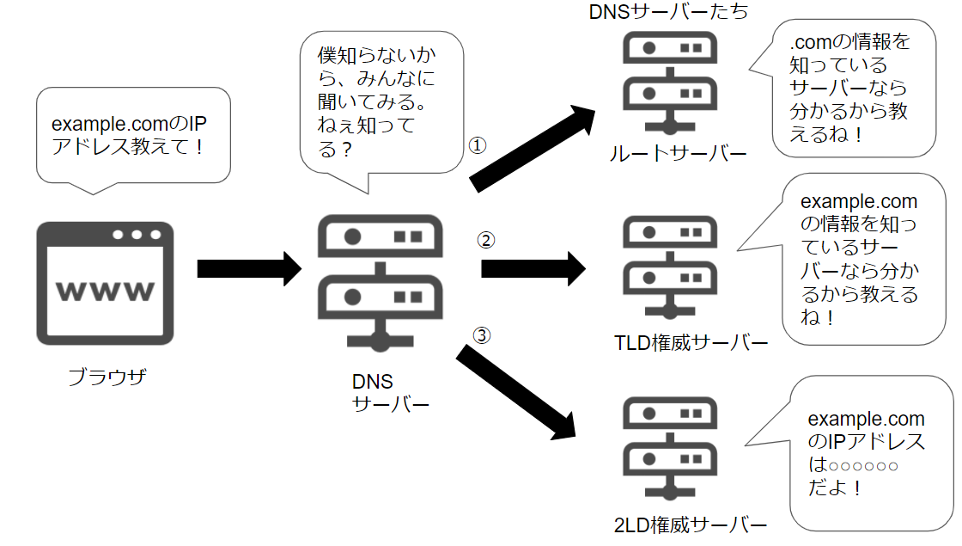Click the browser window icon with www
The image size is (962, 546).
coord(105,283)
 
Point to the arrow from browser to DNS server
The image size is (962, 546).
coord(249,269)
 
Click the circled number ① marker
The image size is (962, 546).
coord(478,145)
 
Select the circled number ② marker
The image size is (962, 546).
coord(486,240)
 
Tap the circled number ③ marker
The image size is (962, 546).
coord(482,336)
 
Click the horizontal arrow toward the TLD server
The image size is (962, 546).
coord(533,269)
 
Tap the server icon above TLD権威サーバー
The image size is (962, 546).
coord(669,267)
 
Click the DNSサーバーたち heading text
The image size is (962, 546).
coord(669,13)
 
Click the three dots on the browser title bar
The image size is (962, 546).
coord(136,234)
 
